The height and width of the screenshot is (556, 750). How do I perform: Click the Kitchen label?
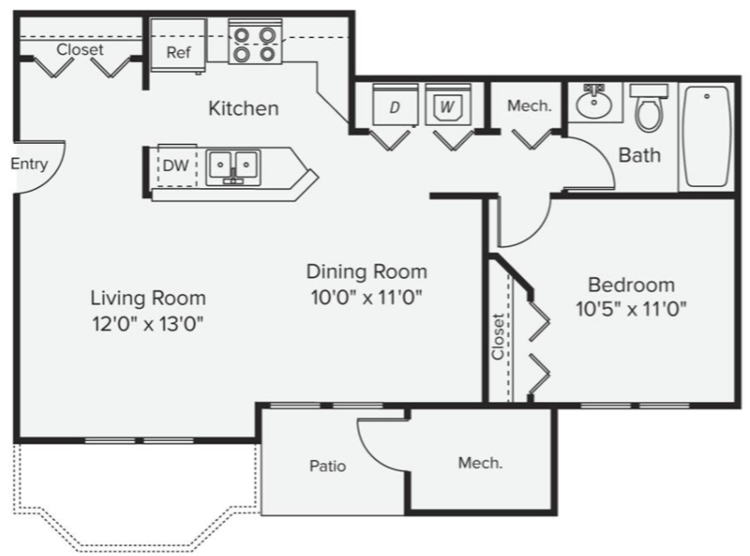pyautogui.click(x=244, y=109)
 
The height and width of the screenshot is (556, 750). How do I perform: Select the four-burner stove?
pyautogui.click(x=254, y=42)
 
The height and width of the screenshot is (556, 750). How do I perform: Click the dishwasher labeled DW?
pyautogui.click(x=176, y=166)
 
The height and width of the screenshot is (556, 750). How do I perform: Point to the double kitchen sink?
pyautogui.click(x=233, y=167)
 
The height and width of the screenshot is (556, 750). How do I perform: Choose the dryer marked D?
pyautogui.click(x=395, y=105)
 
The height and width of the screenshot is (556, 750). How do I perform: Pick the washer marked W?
pyautogui.click(x=448, y=105)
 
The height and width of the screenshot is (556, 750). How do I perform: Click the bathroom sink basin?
pyautogui.click(x=594, y=102)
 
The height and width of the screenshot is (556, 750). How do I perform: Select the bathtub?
pyautogui.click(x=707, y=137)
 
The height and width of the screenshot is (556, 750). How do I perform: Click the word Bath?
pyautogui.click(x=639, y=156)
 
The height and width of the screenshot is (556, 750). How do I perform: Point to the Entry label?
pyautogui.click(x=29, y=164)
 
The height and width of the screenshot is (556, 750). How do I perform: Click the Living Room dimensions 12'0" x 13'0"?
pyautogui.click(x=147, y=324)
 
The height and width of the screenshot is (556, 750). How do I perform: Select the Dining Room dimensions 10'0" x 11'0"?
pyautogui.click(x=366, y=297)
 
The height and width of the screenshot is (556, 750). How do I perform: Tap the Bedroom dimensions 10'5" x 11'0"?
pyautogui.click(x=631, y=309)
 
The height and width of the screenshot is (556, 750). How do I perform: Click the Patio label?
pyautogui.click(x=327, y=466)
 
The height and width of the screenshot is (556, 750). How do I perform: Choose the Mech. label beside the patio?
pyautogui.click(x=480, y=462)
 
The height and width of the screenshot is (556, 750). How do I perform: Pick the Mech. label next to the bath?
pyautogui.click(x=529, y=105)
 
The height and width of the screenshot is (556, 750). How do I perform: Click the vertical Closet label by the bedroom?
pyautogui.click(x=498, y=336)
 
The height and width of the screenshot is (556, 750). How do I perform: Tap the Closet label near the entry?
pyautogui.click(x=80, y=49)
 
